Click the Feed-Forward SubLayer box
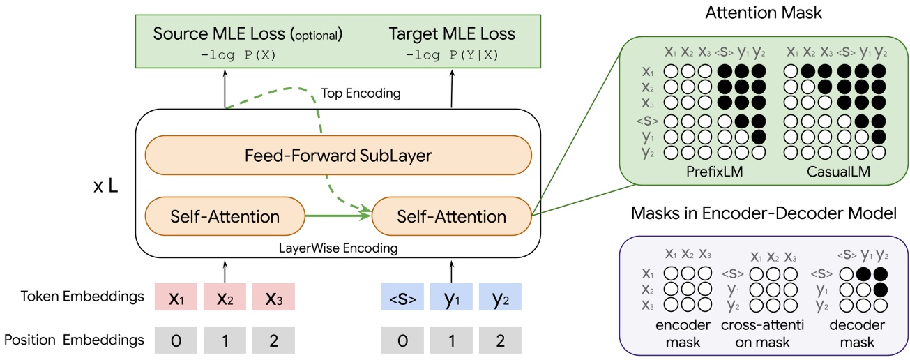(338, 156)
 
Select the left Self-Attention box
(225, 216)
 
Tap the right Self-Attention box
(451, 216)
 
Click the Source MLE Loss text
(248, 33)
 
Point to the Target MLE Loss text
(452, 33)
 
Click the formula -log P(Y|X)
(452, 55)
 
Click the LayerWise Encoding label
(338, 248)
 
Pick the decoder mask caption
(858, 332)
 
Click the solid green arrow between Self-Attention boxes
(338, 216)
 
